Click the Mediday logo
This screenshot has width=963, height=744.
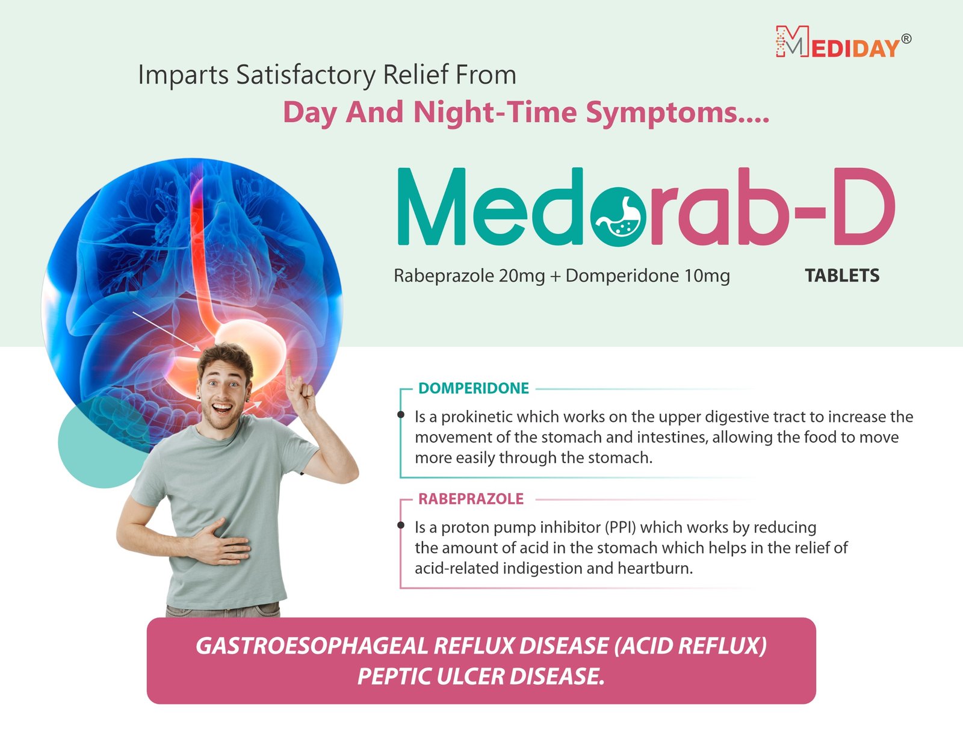click(843, 42)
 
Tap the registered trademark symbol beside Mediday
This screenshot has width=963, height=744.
click(906, 39)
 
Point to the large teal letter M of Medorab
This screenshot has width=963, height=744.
click(431, 206)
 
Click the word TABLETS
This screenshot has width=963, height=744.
click(842, 276)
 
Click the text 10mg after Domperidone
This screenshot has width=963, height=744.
click(707, 276)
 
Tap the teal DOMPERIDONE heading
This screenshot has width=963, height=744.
click(473, 388)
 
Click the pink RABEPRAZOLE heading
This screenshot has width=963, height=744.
click(471, 499)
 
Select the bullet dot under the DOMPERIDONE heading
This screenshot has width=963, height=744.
click(401, 414)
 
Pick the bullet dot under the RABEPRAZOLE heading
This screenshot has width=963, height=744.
click(401, 525)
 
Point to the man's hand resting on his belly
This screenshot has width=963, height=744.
click(221, 543)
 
